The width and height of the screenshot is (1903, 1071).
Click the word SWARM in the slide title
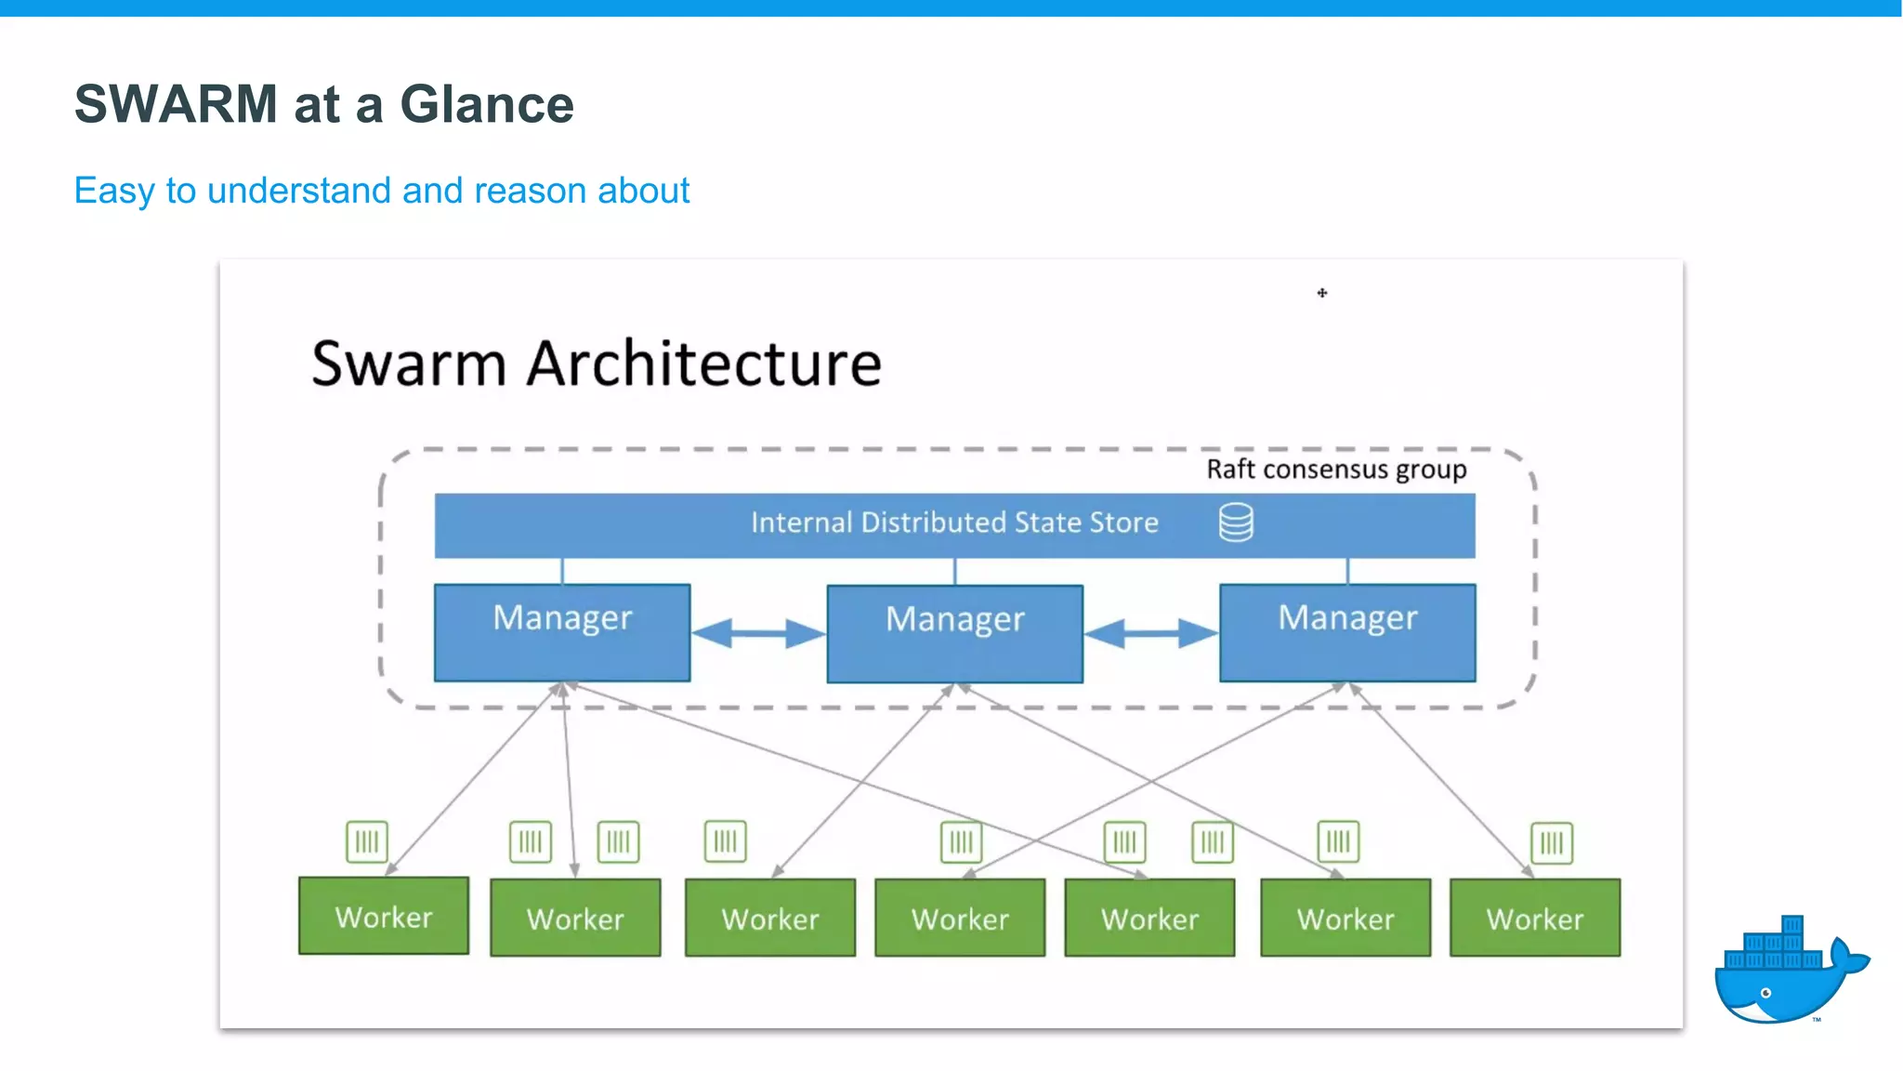176,103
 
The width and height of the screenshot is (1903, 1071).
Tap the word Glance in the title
487,103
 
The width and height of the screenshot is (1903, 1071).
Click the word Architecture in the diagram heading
704,364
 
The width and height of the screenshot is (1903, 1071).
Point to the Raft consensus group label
1336,469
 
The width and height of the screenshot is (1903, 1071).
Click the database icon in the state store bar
1236,522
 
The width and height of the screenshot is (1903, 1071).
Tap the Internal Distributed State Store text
954,522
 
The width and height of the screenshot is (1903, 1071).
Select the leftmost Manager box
562,632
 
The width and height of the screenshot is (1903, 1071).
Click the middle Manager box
954,633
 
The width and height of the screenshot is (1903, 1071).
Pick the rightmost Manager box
1347,632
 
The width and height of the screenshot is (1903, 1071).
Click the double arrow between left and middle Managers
758,634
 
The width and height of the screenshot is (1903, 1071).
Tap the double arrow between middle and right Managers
1150,634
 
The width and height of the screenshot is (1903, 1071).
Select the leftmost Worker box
384,917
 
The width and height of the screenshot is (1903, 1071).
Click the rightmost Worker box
1535,919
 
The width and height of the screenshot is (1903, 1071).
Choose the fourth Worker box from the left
960,919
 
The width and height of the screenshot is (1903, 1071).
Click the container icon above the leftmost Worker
367,842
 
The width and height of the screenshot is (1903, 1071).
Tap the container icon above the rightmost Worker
1552,843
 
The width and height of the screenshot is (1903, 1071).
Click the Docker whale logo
1789,972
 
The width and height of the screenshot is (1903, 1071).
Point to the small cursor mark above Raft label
1322,293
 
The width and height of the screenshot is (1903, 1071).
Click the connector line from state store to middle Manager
955,571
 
